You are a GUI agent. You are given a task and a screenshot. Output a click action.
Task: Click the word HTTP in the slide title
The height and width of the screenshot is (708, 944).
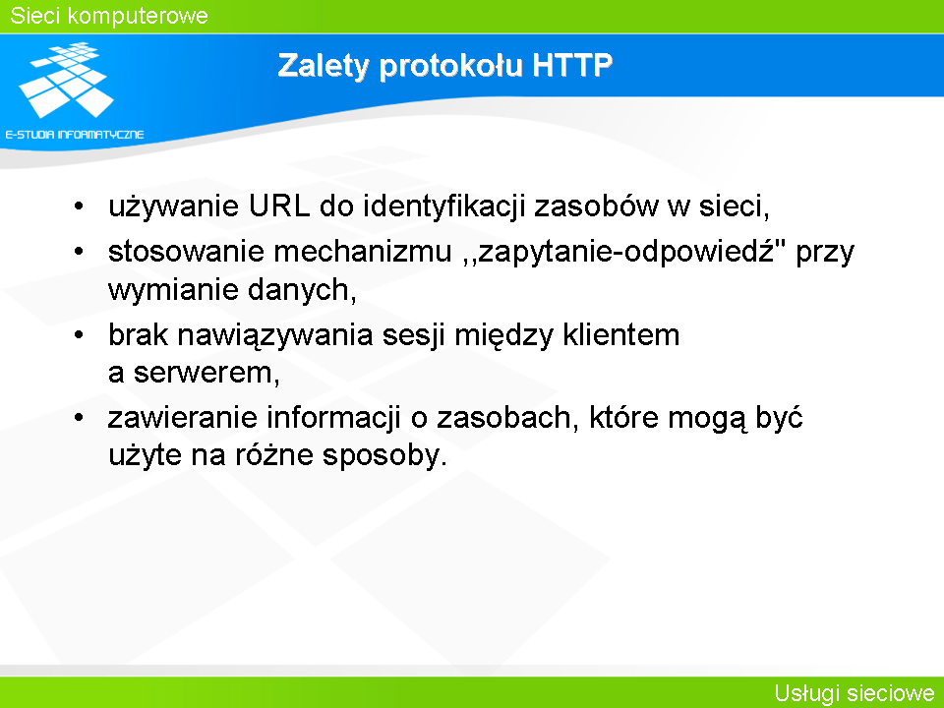pyautogui.click(x=572, y=65)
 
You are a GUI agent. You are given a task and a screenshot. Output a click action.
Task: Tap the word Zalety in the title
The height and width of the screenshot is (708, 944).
pyautogui.click(x=323, y=66)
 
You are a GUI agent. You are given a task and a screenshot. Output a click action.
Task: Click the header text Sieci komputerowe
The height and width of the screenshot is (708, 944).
pyautogui.click(x=109, y=16)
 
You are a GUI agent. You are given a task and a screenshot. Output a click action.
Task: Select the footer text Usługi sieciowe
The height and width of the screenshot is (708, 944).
pyautogui.click(x=855, y=693)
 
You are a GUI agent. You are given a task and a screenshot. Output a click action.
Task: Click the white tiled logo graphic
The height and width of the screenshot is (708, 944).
pyautogui.click(x=67, y=80)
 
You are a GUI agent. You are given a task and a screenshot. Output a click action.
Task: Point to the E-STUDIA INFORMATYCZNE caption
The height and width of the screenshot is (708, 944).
pyautogui.click(x=75, y=135)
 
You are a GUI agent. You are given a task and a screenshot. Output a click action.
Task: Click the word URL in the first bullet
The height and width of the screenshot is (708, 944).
pyautogui.click(x=278, y=206)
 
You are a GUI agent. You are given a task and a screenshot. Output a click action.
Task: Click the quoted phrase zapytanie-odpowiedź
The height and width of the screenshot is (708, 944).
pyautogui.click(x=624, y=252)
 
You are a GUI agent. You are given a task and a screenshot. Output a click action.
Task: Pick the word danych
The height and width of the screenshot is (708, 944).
pyautogui.click(x=302, y=290)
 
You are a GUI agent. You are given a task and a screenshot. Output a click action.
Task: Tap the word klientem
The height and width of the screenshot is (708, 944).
pyautogui.click(x=621, y=334)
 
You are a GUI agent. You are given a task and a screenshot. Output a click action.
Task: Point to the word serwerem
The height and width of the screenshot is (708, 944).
pyautogui.click(x=206, y=374)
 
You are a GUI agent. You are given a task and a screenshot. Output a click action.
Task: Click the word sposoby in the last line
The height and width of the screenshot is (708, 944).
pyautogui.click(x=384, y=455)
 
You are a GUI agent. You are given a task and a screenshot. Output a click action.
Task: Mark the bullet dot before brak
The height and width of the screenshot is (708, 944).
pyautogui.click(x=79, y=335)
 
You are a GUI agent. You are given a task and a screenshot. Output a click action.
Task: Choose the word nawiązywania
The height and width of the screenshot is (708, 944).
pyautogui.click(x=275, y=335)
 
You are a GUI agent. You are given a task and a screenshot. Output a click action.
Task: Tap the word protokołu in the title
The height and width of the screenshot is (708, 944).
pyautogui.click(x=451, y=66)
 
